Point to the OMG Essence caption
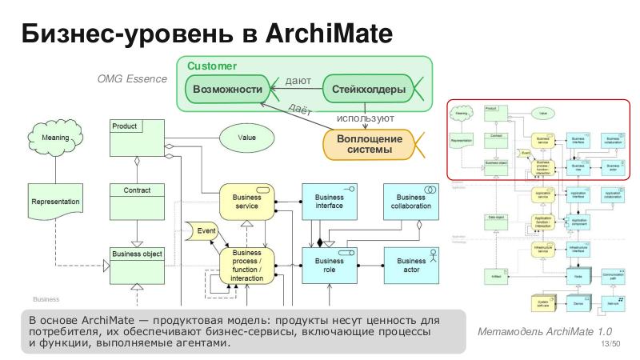tap(131, 79)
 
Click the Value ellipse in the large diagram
tap(246, 137)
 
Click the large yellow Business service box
tap(246, 201)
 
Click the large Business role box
tap(329, 266)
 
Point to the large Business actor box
tap(411, 266)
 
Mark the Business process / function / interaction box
tap(246, 266)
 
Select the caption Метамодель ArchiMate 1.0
tap(533, 331)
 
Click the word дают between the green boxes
tap(298, 81)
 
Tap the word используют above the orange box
tap(366, 118)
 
